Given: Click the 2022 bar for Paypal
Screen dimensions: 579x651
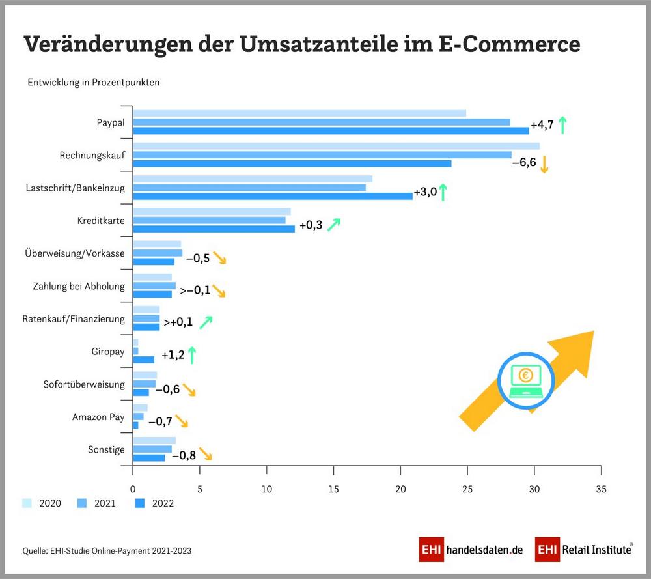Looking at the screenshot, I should pos(331,130).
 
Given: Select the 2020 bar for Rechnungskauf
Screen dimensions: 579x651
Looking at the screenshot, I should pos(336,146).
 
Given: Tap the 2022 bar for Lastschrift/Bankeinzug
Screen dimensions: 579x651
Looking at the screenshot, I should pos(273,195).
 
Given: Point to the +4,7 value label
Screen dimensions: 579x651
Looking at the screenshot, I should pos(542,125).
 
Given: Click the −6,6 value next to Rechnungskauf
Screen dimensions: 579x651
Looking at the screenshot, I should pos(524,162).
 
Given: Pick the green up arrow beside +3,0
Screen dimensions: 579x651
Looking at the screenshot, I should pos(443,192).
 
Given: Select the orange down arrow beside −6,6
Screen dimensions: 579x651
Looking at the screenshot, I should pos(544,163).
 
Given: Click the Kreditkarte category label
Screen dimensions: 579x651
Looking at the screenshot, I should pos(101,221).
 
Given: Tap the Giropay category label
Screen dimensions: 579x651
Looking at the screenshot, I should pos(108,352).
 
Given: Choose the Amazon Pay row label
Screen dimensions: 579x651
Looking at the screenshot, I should pos(98,417).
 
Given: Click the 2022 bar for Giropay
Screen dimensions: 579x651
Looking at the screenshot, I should pos(144,360).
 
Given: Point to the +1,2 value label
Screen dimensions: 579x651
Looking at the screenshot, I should pos(172,355).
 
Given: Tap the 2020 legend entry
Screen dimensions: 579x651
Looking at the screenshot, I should pos(42,503).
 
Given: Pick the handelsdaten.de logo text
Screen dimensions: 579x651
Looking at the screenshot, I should pos(484,550).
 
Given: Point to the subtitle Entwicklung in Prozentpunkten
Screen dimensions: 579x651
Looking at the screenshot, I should pos(93,83).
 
